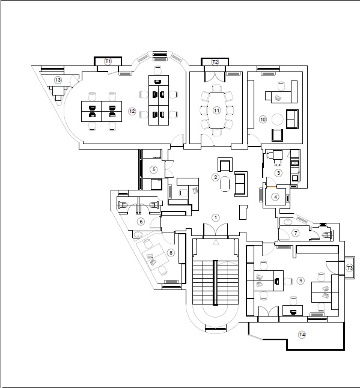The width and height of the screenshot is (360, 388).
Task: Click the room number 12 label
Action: tap(132, 111)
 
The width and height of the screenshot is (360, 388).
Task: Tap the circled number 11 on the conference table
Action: tap(216, 111)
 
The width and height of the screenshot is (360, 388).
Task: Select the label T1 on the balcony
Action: tap(108, 61)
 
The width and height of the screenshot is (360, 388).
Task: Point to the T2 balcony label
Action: tap(215, 62)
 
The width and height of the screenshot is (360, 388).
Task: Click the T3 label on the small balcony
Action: tap(350, 268)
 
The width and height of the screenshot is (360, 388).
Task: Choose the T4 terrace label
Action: tap(302, 335)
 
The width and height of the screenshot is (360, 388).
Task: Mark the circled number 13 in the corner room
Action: tap(58, 80)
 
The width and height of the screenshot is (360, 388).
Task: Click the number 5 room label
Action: tap(154, 169)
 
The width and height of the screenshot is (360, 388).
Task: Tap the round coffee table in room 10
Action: tap(277, 120)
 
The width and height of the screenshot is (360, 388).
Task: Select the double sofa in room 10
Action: tap(292, 119)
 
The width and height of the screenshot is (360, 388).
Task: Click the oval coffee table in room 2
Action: tap(225, 184)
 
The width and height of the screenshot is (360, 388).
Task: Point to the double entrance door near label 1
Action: tap(216, 229)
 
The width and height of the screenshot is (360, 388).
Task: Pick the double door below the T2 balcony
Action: tap(215, 77)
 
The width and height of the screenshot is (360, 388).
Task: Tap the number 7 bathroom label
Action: tap(295, 233)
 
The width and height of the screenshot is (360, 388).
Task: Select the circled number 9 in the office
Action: tap(301, 280)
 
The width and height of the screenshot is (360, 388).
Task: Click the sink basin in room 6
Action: tap(138, 234)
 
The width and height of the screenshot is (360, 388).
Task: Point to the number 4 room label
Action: tap(275, 197)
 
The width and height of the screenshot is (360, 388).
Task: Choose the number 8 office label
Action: tap(171, 253)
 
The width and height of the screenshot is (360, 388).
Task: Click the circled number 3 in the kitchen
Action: tap(278, 173)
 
